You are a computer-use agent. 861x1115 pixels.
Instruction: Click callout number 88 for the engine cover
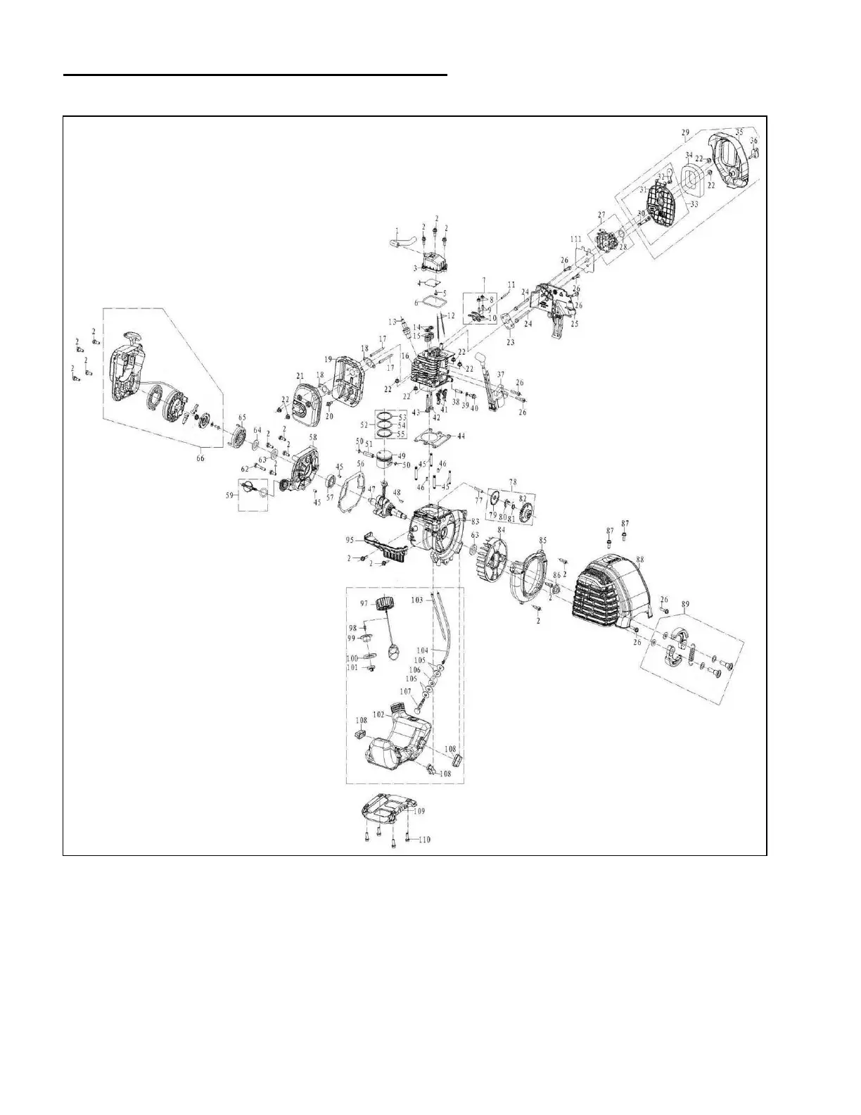coord(639,560)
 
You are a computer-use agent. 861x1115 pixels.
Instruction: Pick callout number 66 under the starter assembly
coord(200,459)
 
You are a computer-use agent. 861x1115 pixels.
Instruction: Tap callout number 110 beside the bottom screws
coord(424,840)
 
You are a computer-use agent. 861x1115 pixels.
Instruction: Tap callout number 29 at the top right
coord(685,132)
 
